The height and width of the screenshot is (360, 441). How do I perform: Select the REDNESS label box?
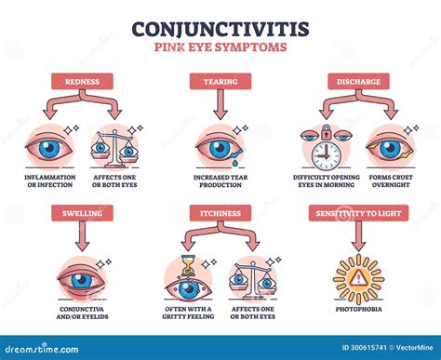pos(83,81)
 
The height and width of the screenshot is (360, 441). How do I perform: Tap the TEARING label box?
pos(220,81)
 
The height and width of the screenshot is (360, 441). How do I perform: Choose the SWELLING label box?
pos(83,212)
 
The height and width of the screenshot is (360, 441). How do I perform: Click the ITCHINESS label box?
pos(220,212)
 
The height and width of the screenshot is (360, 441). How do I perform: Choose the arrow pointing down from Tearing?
pos(220,107)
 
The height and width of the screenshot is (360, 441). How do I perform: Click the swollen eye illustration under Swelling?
pos(82,279)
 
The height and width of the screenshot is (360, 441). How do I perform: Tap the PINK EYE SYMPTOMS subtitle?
pos(220,47)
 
